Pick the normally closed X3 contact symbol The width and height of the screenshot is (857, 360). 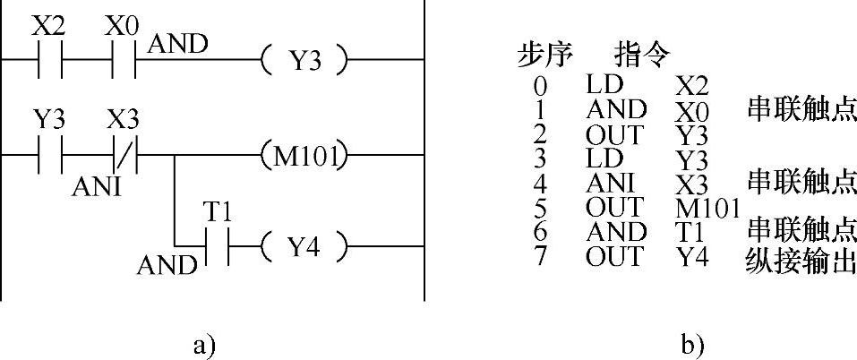pyautogui.click(x=124, y=155)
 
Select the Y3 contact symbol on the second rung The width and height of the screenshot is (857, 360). pyautogui.click(x=50, y=155)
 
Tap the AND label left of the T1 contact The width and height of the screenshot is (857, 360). pyautogui.click(x=167, y=265)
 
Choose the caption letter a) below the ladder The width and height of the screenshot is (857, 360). pyautogui.click(x=203, y=343)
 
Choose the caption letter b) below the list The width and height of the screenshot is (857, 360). pyautogui.click(x=691, y=343)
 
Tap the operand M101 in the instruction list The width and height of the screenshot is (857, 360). pyautogui.click(x=707, y=209)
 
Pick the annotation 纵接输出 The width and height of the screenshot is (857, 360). pyautogui.click(x=800, y=261)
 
